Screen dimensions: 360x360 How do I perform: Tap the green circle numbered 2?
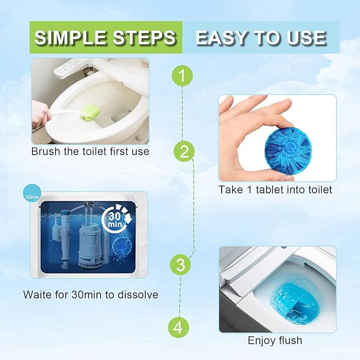[184, 152]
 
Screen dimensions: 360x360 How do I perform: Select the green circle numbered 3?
[180, 265]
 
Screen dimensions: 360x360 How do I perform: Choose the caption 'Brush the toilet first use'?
[90, 152]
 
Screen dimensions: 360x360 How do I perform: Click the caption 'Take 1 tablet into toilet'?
[276, 189]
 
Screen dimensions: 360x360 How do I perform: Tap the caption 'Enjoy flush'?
[275, 340]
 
